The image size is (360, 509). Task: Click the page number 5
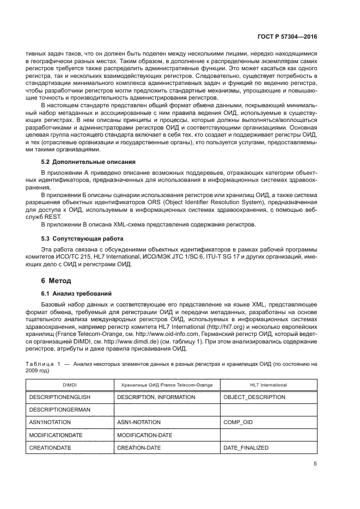click(x=315, y=464)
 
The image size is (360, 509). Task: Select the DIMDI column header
click(x=69, y=385)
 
